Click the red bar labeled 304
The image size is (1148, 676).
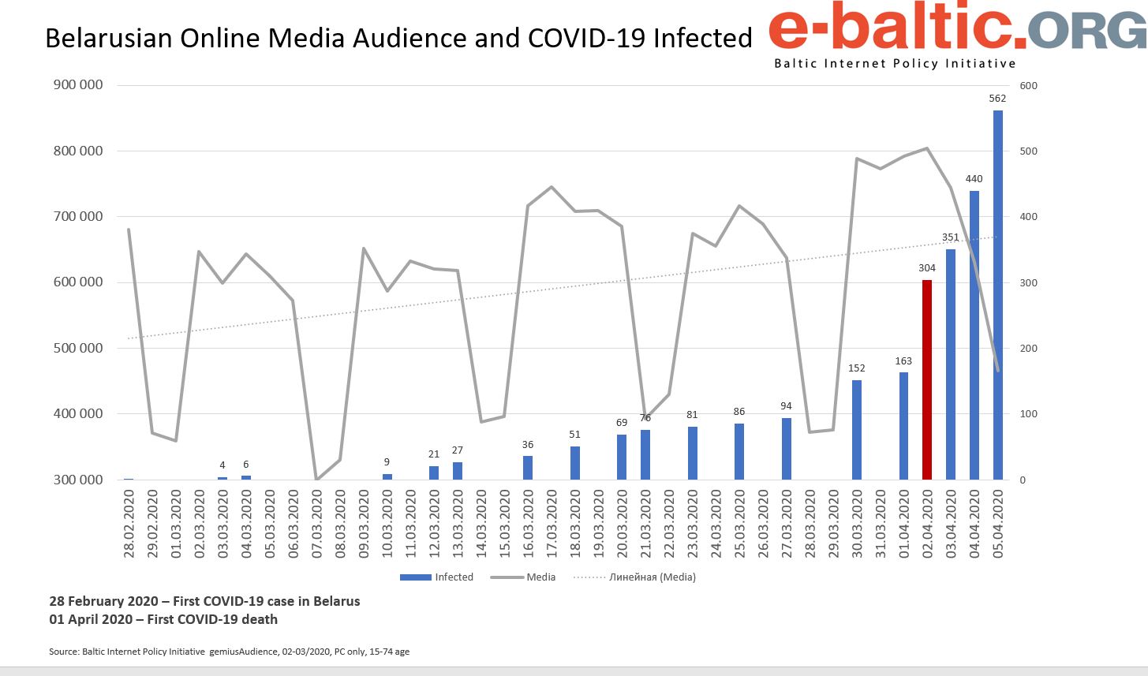pyautogui.click(x=927, y=379)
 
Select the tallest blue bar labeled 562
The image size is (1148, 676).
pyautogui.click(x=997, y=295)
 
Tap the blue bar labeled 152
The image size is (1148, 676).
pyautogui.click(x=857, y=430)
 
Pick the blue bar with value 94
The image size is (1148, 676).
pyautogui.click(x=786, y=448)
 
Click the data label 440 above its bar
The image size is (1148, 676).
pyautogui.click(x=974, y=179)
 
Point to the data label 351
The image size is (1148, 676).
pyautogui.click(x=951, y=237)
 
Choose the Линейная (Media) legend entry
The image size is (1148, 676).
pyautogui.click(x=634, y=577)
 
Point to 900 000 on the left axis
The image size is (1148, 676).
pyautogui.click(x=78, y=85)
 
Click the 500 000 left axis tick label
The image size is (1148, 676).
pyautogui.click(x=78, y=348)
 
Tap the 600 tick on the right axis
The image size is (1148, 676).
pyautogui.click(x=1029, y=85)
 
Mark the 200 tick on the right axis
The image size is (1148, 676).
pyautogui.click(x=1029, y=348)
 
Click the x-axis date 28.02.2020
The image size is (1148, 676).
pyautogui.click(x=129, y=524)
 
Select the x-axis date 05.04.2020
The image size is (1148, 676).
pyautogui.click(x=998, y=524)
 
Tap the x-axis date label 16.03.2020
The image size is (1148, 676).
pyautogui.click(x=529, y=524)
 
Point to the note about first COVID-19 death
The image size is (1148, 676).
pyautogui.click(x=163, y=619)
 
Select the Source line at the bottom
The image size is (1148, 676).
pyautogui.click(x=229, y=652)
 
